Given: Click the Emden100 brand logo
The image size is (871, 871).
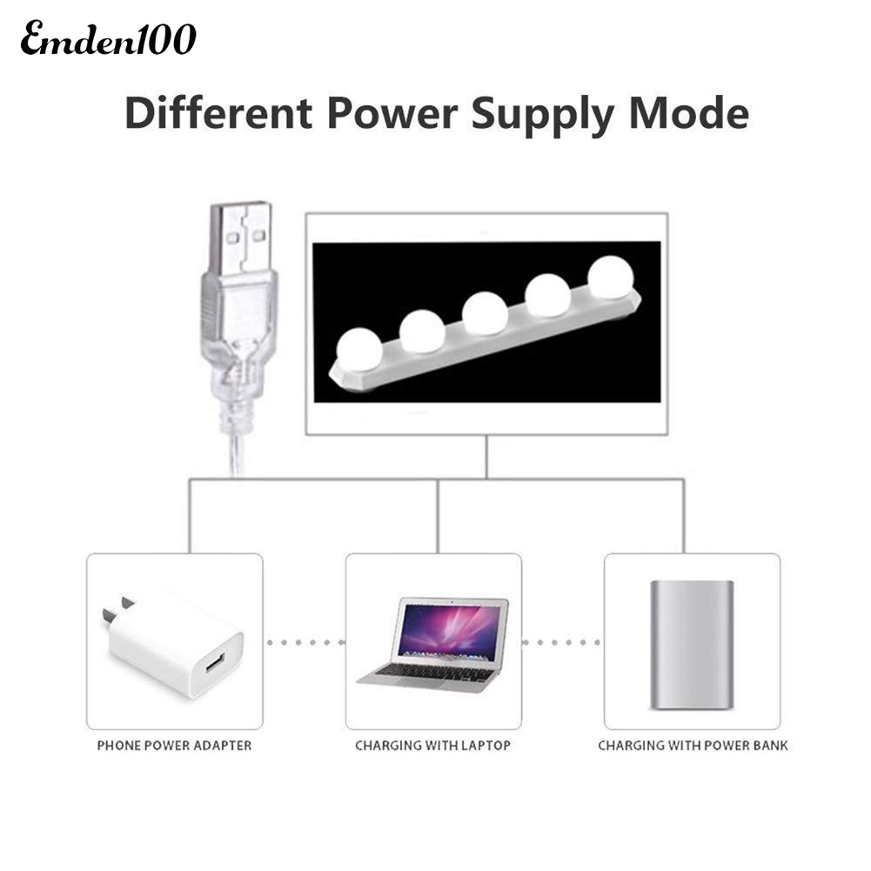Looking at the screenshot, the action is [109, 40].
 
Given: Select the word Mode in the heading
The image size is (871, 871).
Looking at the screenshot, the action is [689, 114].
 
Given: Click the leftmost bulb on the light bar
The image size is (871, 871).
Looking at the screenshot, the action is [358, 346].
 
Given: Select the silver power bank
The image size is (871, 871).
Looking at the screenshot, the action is [692, 642].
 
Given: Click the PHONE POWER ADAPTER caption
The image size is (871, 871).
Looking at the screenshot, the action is [174, 746].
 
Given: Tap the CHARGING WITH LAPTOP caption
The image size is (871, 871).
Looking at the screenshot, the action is [432, 746].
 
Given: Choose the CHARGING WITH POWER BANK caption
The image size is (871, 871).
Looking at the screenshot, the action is [693, 746].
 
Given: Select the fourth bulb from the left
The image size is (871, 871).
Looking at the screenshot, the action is [548, 296].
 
